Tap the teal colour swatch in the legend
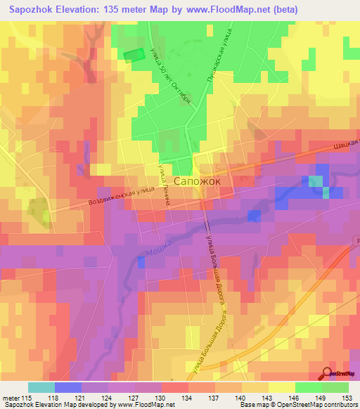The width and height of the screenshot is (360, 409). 41,388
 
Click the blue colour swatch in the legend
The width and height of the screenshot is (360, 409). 68,388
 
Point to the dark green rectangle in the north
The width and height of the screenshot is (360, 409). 134,54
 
